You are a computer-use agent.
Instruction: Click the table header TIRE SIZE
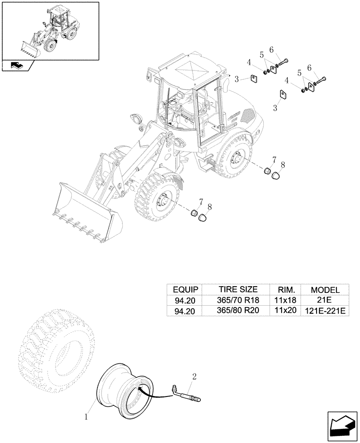238,289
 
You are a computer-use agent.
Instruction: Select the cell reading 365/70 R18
238,300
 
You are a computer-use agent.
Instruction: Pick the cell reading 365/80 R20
238,311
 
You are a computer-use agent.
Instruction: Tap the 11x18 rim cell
285,300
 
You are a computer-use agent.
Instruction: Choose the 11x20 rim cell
285,311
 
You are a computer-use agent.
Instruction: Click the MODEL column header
325,289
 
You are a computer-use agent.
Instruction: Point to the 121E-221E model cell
325,311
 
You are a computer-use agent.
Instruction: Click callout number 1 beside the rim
87,416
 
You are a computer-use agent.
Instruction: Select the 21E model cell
325,300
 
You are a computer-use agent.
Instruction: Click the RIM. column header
285,289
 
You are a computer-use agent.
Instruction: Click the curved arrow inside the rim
146,390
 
